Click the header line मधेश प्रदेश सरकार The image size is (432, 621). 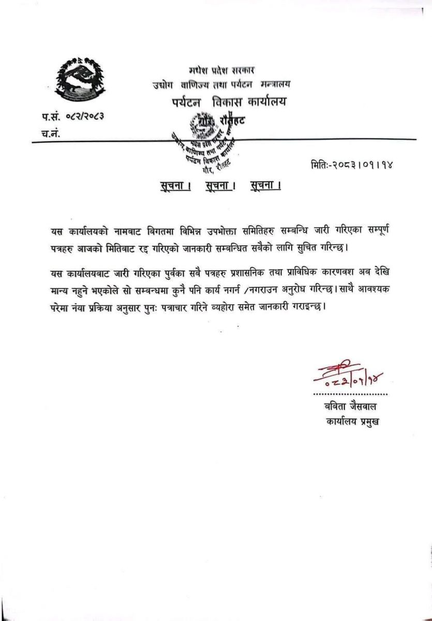[221, 70]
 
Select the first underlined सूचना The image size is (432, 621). [175, 185]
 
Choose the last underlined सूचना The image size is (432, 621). [264, 185]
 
